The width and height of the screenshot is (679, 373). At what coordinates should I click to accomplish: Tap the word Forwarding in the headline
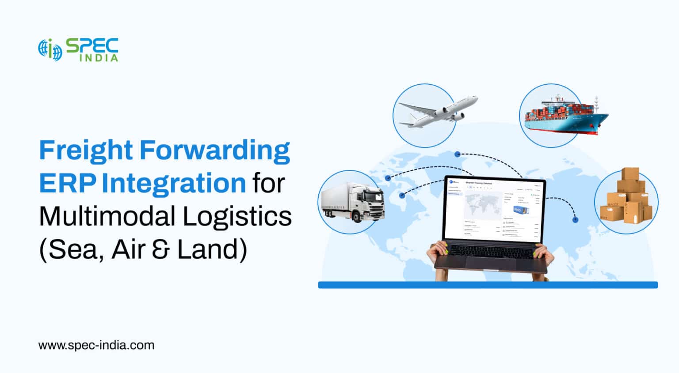215,151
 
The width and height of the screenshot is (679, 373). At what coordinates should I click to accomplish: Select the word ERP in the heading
67,183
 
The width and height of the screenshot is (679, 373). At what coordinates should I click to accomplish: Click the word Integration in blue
174,183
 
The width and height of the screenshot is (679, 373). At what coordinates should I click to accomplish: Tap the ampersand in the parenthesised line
162,249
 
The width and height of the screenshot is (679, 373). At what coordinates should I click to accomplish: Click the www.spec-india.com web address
96,345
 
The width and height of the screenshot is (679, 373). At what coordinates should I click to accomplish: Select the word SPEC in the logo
92,46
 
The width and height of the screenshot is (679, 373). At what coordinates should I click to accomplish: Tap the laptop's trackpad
488,264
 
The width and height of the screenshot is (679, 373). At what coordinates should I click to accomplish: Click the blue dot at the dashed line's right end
575,219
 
